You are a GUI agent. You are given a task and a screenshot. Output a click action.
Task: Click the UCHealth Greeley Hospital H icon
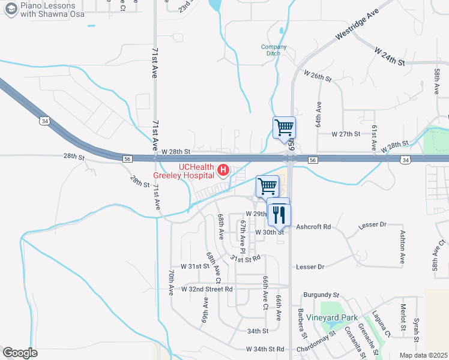pyautogui.click(x=223, y=171)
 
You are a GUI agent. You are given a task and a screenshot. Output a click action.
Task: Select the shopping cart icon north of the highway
pyautogui.click(x=284, y=127)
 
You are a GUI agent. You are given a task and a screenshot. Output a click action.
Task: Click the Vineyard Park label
pyautogui.click(x=332, y=317)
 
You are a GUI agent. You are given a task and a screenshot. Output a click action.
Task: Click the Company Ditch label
pyautogui.click(x=274, y=50)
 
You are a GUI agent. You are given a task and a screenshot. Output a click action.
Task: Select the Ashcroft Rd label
pyautogui.click(x=314, y=227)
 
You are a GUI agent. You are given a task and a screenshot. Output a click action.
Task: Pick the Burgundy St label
pyautogui.click(x=322, y=295)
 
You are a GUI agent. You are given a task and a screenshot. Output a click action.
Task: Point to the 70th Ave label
pyautogui.click(x=171, y=283)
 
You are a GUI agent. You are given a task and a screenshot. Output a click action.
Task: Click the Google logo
pyautogui.click(x=20, y=353)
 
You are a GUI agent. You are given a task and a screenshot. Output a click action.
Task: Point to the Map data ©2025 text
pyautogui.click(x=424, y=355)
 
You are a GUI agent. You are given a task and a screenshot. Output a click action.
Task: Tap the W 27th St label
pyautogui.click(x=346, y=134)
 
